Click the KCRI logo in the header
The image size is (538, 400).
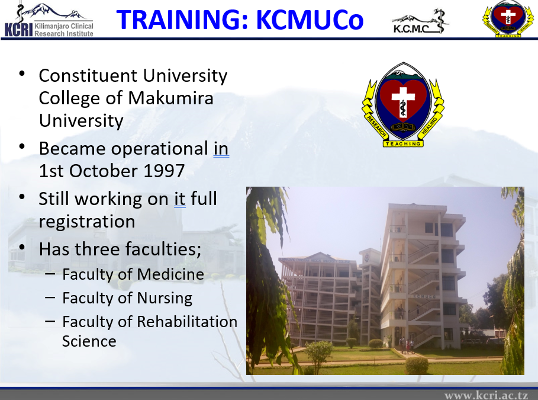point(49,20)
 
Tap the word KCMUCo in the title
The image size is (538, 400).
point(310,20)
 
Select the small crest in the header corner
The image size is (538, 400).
point(508,18)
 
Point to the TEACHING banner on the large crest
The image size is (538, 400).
point(403,143)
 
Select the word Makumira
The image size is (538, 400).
point(170,98)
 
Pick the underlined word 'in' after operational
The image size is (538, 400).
point(221,149)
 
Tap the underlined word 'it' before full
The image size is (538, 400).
point(180,199)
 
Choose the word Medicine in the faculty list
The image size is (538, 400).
point(170,274)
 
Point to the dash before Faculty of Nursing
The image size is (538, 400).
point(50,297)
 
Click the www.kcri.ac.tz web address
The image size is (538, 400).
point(486,395)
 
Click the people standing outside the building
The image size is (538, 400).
point(407,345)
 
